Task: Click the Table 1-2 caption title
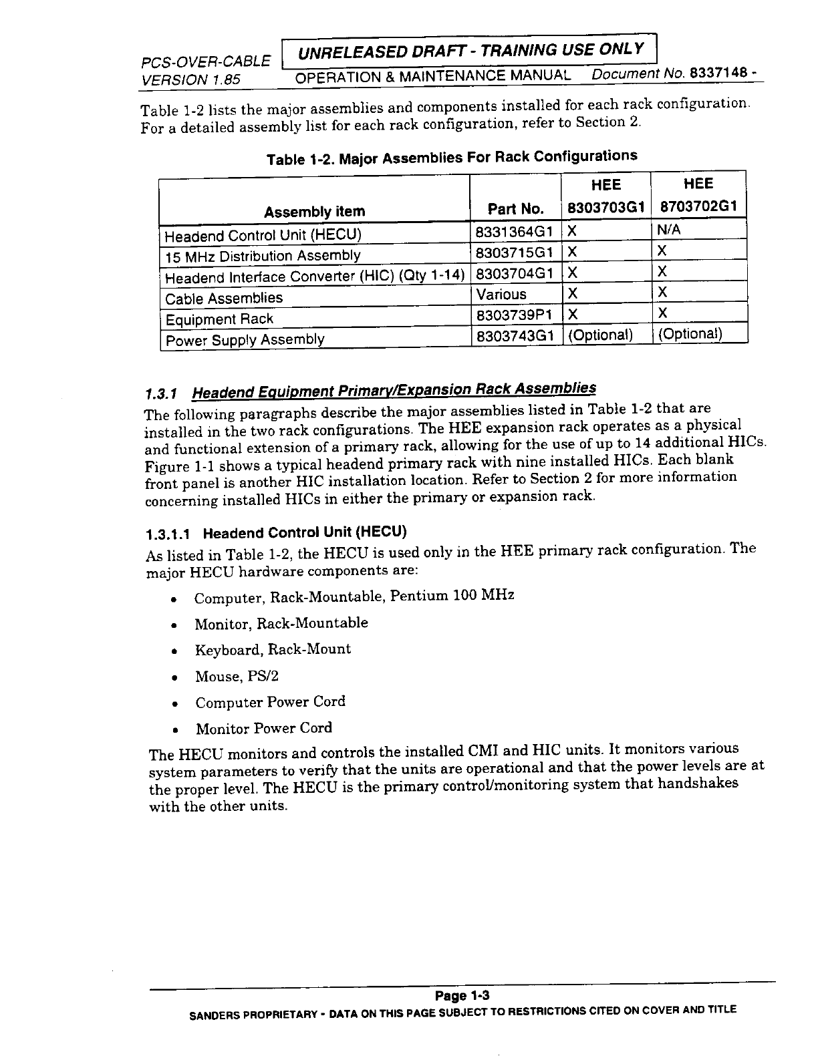pos(452,158)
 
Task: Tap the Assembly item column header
pos(314,212)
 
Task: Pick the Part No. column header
pos(515,209)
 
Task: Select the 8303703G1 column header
pos(605,207)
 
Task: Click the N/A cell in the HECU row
pos(668,230)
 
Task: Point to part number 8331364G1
pos(514,232)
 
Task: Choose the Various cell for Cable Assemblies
pos(501,295)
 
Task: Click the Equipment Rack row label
pos(219,319)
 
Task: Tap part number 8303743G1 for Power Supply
pos(514,336)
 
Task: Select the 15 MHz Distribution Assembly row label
pos(263,256)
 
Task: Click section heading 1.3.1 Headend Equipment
pos(370,390)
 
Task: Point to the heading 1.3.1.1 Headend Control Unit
pos(276,533)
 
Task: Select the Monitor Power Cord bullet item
pos(263,728)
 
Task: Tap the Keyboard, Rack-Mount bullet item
pos(272,650)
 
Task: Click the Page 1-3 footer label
pos(462,996)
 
